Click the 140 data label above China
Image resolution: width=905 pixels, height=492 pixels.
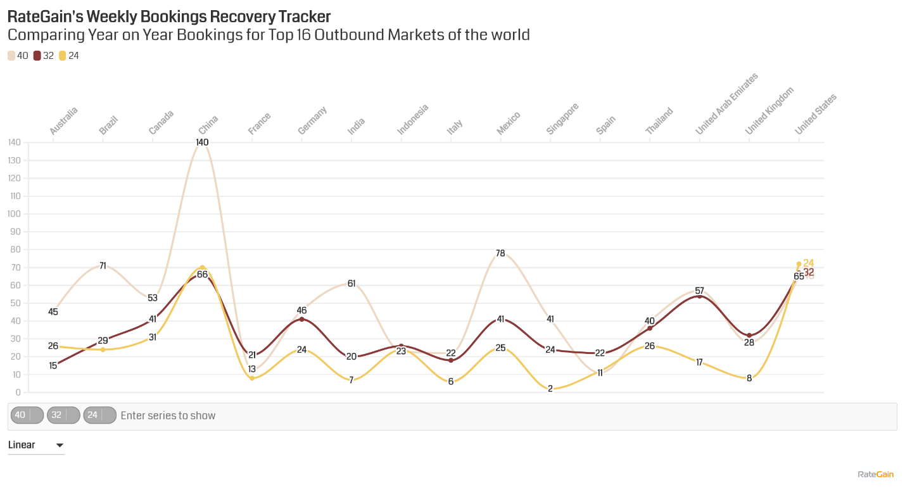(202, 142)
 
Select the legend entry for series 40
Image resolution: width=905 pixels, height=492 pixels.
(18, 56)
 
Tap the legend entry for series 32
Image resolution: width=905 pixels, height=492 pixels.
(44, 56)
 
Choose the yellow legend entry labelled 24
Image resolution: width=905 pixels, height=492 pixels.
(69, 56)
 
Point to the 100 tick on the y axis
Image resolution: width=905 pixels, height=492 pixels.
(13, 214)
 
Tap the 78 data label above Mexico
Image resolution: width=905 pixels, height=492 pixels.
(500, 253)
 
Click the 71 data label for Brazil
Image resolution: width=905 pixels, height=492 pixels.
(103, 266)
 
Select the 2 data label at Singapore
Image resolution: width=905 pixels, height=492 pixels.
(550, 389)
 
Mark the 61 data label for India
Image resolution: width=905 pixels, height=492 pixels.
(351, 284)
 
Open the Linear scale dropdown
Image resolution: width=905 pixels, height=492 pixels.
(36, 445)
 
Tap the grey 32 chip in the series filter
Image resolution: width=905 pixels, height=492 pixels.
(57, 415)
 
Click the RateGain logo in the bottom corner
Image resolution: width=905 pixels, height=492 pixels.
(875, 474)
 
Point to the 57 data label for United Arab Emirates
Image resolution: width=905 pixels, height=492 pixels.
(699, 291)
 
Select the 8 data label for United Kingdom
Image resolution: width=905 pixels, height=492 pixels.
(749, 379)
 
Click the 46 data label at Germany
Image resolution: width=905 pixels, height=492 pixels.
(301, 311)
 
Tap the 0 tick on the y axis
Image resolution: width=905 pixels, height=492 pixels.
(16, 393)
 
